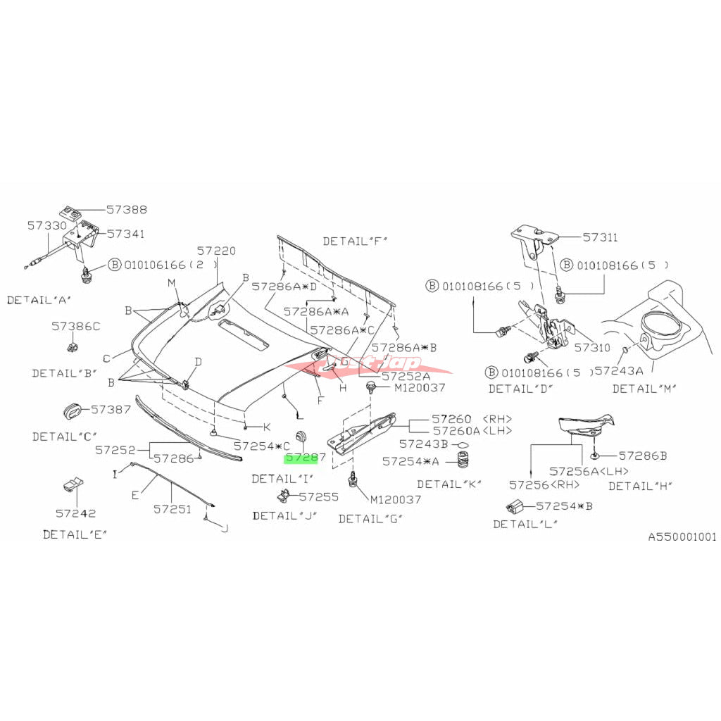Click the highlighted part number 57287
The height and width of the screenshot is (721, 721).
tap(305, 458)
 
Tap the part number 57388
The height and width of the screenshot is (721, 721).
tap(127, 210)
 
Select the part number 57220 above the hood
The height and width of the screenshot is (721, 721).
tap(216, 251)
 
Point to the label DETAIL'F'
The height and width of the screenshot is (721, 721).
tap(356, 242)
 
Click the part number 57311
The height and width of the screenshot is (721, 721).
tap(600, 238)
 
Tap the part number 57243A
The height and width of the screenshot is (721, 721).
tap(619, 370)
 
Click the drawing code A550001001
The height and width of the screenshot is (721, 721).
tap(682, 537)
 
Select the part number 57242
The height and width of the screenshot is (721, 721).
tap(76, 513)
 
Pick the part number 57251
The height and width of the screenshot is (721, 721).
tap(173, 508)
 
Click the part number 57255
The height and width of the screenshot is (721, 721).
tap(319, 496)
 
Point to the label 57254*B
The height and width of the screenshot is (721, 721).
tap(564, 506)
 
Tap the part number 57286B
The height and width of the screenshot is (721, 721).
tap(643, 456)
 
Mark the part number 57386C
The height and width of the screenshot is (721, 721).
tap(75, 326)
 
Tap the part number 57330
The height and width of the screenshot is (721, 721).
tap(47, 226)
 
